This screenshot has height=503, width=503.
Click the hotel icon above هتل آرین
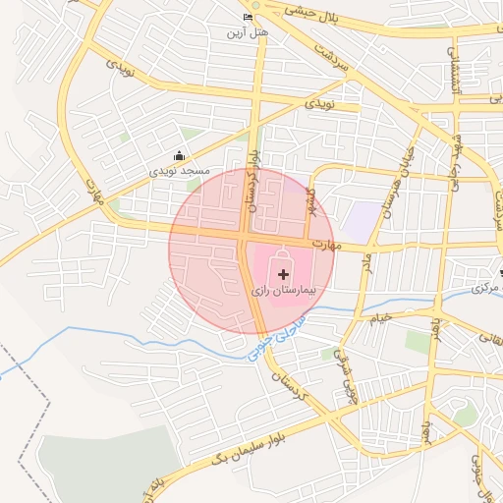pos(247,18)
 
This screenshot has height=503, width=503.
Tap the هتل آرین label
pos(247,33)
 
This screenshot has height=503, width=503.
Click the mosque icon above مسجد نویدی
pos(179,155)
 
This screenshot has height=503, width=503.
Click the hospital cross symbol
pos(283,274)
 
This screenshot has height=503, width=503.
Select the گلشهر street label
pos(312,200)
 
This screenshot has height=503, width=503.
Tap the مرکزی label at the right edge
pos(485,288)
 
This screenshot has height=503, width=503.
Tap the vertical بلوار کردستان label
pos(252,181)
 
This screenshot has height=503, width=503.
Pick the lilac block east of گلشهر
pos(363,221)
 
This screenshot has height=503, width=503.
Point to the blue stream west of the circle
pos(108,332)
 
